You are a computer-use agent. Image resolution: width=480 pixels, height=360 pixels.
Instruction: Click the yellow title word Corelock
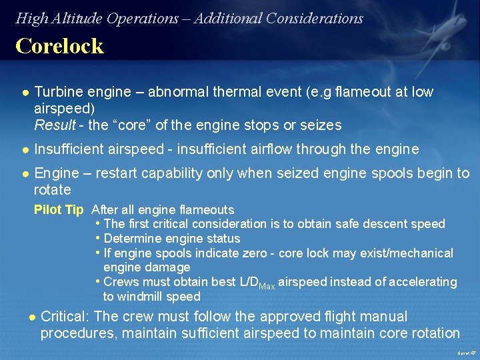click(59, 46)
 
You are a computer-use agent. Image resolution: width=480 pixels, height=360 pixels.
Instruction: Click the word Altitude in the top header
click(79, 19)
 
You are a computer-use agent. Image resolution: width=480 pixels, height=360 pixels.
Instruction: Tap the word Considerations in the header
click(314, 19)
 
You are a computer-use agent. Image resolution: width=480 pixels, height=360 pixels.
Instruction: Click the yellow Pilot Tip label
click(59, 210)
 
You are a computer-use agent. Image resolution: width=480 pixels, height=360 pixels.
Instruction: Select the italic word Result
click(55, 125)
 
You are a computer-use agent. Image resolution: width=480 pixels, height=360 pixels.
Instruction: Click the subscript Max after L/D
click(267, 285)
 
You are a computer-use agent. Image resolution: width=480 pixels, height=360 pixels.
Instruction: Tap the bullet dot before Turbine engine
click(24, 93)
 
